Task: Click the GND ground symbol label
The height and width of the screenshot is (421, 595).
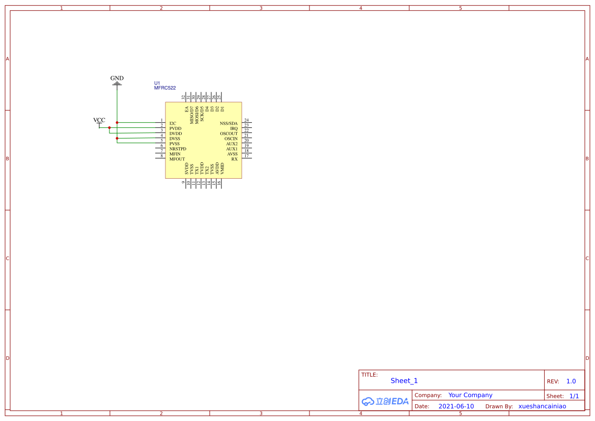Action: pyautogui.click(x=117, y=78)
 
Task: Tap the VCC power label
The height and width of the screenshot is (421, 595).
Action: pyautogui.click(x=99, y=120)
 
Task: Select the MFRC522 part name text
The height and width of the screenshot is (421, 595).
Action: pyautogui.click(x=165, y=88)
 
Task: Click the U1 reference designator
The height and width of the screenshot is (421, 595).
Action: pyautogui.click(x=157, y=83)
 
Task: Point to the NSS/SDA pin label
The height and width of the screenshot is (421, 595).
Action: pyautogui.click(x=229, y=123)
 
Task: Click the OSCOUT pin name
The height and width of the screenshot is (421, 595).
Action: pyautogui.click(x=229, y=133)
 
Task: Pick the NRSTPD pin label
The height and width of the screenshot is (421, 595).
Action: pyautogui.click(x=178, y=149)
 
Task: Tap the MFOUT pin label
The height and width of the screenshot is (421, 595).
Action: pyautogui.click(x=177, y=159)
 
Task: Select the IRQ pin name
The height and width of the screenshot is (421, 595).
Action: pyautogui.click(x=234, y=129)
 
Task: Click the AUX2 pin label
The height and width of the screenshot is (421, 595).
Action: pyautogui.click(x=232, y=144)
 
